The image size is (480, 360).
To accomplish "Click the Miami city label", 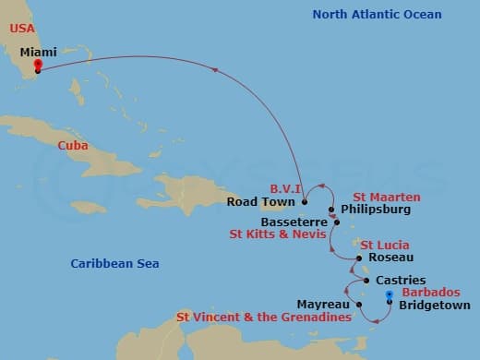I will pos(38,53).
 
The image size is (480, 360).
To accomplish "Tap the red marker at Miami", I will pos(37,65).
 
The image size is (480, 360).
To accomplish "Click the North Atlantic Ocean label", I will pos(377,15).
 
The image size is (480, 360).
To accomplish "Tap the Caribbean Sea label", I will pos(114,264).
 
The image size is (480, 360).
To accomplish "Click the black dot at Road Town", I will pos(304,201).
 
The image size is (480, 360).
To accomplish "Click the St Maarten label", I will pos(386,197).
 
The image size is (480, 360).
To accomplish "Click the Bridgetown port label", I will pos(434,306).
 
